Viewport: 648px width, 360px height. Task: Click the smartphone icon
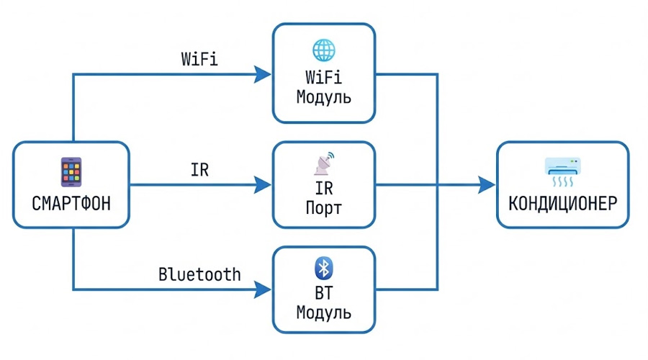pos(71,173)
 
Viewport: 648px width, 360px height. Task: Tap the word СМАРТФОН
pos(71,202)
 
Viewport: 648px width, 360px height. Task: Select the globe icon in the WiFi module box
pos(323,50)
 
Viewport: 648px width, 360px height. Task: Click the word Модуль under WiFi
pos(323,96)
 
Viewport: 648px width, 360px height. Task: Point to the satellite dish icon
pos(323,164)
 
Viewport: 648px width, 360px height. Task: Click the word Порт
pos(323,210)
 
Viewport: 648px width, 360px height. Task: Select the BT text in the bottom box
pos(323,294)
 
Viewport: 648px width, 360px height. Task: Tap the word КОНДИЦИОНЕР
pos(562,202)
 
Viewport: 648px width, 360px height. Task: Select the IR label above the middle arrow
pos(199,171)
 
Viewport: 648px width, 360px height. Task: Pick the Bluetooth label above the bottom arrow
pos(199,275)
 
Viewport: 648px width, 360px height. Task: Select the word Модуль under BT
pos(323,314)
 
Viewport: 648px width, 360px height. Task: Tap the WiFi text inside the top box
pos(323,77)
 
